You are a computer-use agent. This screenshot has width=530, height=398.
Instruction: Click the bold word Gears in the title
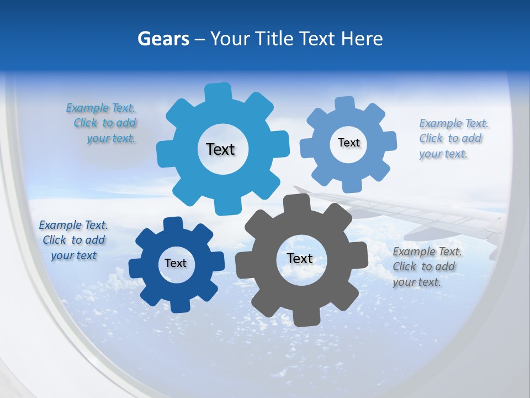pos(163,39)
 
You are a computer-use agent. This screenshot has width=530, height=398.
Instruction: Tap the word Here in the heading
pos(362,39)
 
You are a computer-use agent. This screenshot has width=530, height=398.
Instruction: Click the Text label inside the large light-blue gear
pos(220,149)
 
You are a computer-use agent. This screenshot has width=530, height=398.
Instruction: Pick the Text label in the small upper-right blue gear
pos(348,143)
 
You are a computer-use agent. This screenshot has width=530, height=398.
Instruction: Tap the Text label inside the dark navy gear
pos(176,263)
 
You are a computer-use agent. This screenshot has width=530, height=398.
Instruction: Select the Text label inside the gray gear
pos(300,258)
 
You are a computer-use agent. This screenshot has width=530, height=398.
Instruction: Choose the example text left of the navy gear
pos(73,240)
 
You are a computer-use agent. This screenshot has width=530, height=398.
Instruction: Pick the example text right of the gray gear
pos(426,266)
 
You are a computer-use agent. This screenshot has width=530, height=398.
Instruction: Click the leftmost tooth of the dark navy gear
pos(136,269)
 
